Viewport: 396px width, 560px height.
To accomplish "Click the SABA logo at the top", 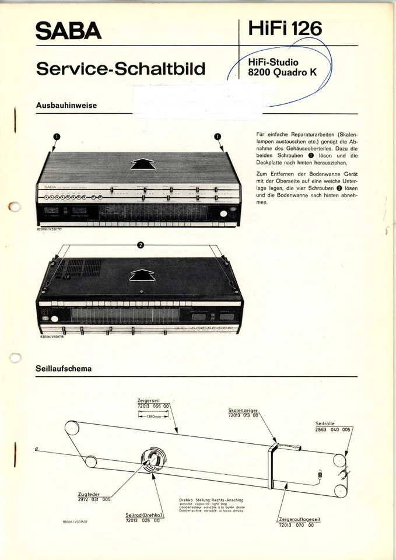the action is click(68, 30).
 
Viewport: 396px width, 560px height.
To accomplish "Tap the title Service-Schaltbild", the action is click(121, 69).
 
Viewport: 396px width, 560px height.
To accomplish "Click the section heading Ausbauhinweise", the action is click(66, 106).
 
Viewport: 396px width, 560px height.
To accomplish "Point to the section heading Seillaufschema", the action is click(64, 369).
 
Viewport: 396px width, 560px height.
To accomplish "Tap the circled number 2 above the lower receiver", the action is click(140, 244).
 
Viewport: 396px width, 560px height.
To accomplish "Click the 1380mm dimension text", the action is click(153, 416).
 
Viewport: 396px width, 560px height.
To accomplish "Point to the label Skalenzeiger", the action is click(243, 411).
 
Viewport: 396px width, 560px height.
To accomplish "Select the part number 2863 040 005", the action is click(333, 429).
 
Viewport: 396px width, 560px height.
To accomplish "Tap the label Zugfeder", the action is click(90, 494).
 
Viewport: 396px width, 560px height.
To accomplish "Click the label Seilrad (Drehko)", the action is click(143, 515).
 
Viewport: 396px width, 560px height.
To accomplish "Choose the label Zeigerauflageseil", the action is click(300, 519).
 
